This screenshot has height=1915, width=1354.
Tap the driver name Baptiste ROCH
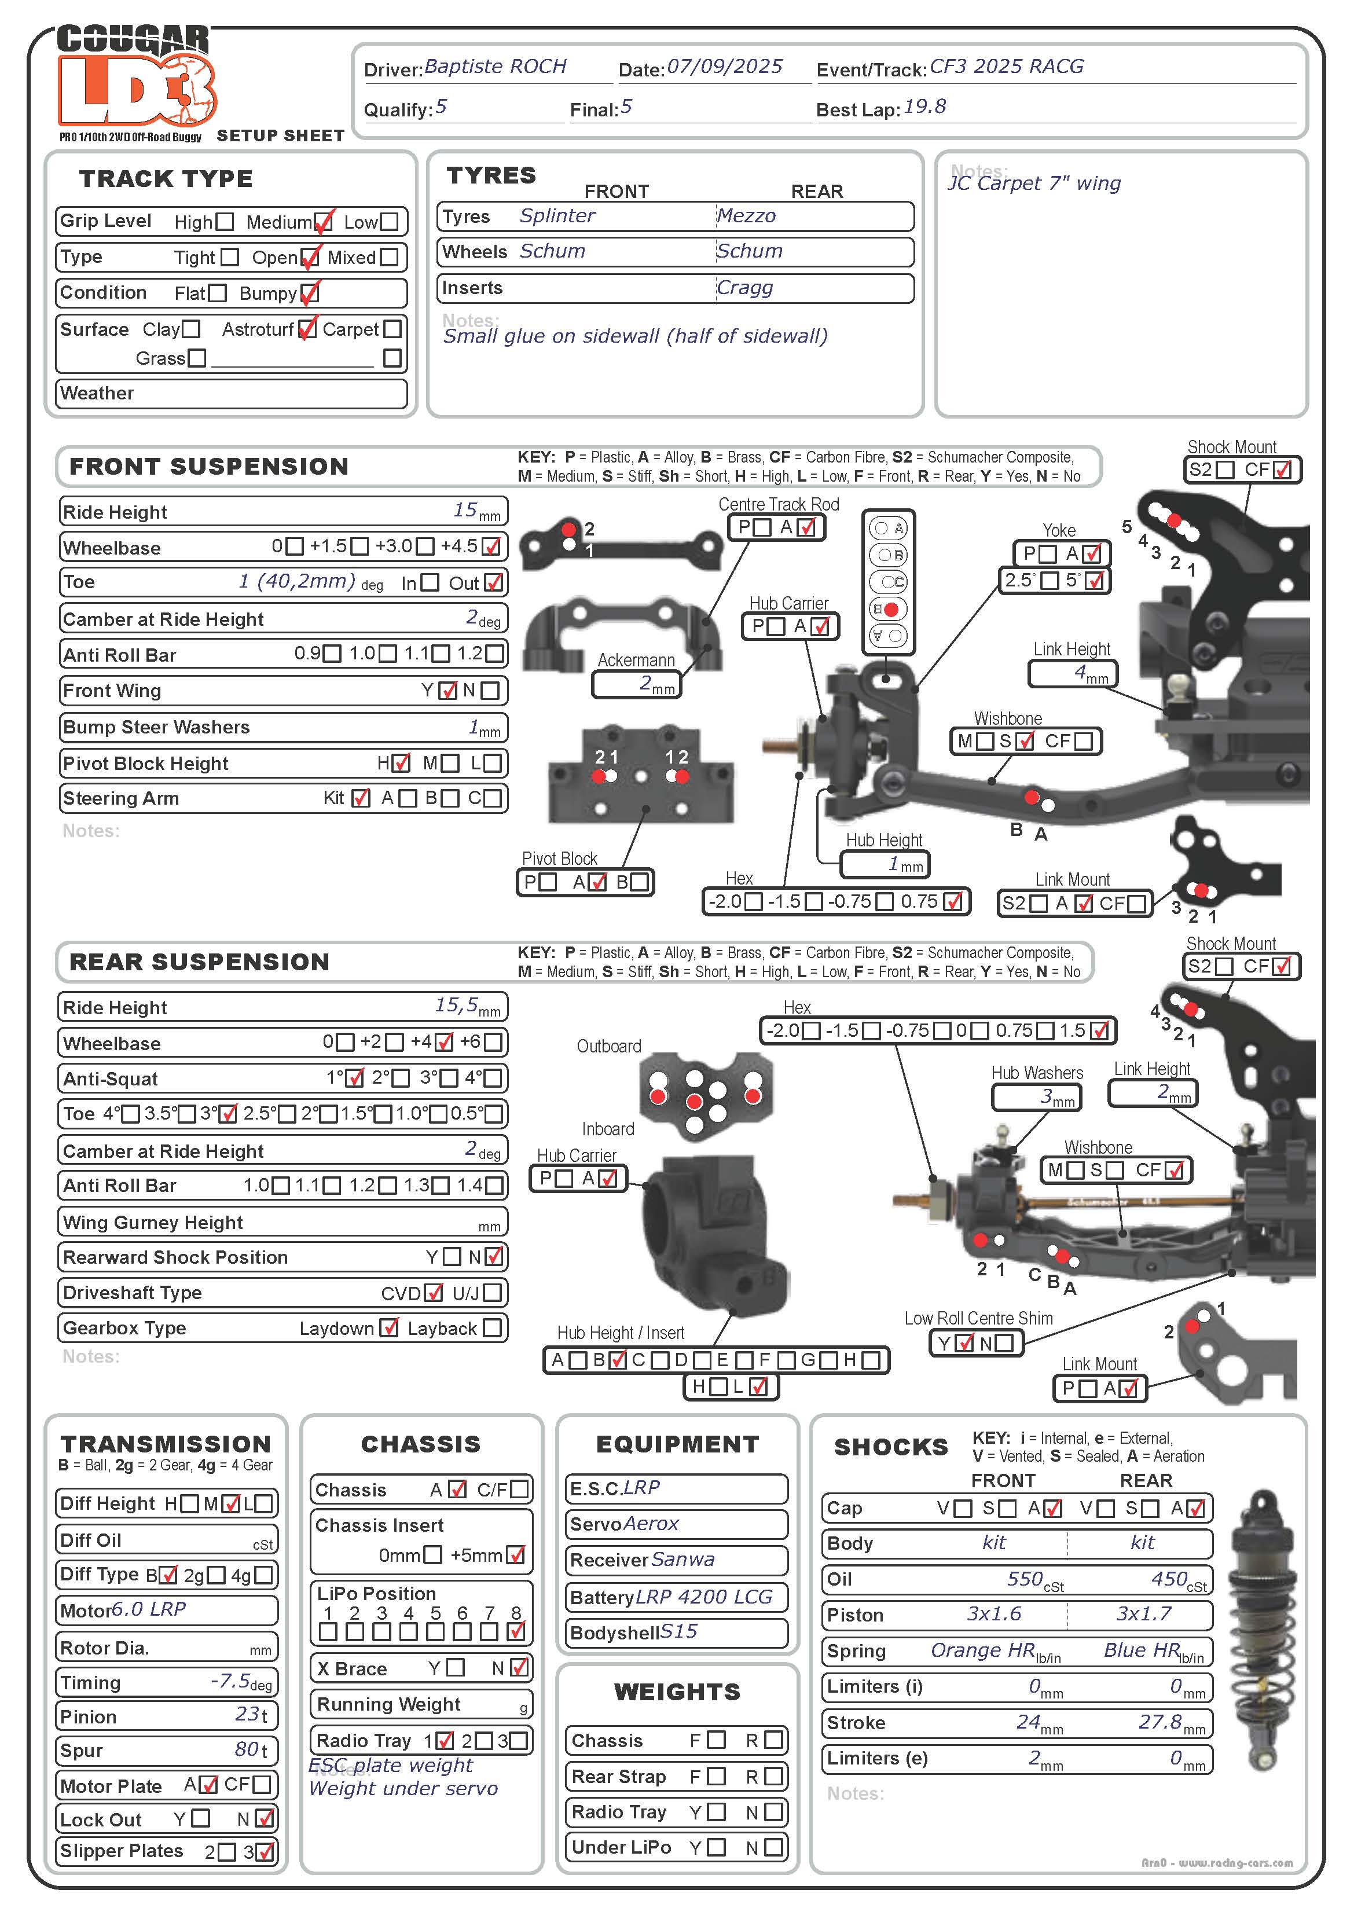[495, 67]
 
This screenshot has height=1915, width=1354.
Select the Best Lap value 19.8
[924, 107]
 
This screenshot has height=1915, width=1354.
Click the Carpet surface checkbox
[392, 329]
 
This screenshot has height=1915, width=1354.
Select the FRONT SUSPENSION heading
[208, 466]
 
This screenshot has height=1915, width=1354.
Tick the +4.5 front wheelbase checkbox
[491, 546]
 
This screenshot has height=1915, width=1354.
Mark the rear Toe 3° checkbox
[227, 1113]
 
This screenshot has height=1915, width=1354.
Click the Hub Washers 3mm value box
[1035, 1098]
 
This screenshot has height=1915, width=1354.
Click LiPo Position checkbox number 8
[516, 1631]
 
